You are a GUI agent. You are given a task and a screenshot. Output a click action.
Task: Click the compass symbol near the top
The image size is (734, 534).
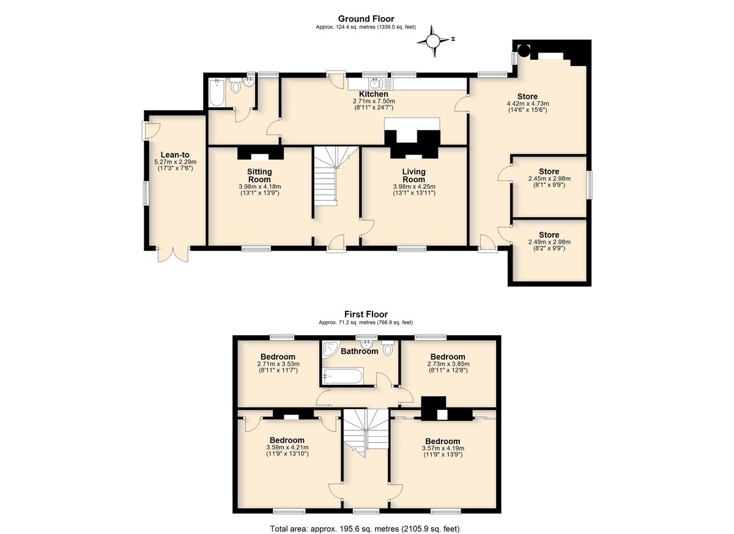tap(433, 40)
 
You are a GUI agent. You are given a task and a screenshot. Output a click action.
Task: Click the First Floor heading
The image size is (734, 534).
tap(366, 314)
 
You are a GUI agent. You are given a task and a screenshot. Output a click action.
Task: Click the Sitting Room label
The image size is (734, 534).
tap(259, 176)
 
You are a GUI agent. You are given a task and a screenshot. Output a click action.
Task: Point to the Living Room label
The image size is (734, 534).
tap(413, 176)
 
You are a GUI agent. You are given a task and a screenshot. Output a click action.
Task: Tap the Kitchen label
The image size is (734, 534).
tap(373, 94)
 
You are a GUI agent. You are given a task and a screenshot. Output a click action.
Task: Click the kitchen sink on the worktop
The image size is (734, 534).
tap(376, 84)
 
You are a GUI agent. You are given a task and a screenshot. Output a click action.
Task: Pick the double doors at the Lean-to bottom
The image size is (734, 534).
tap(173, 254)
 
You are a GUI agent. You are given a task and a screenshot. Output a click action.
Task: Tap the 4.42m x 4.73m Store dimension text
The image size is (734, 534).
tap(527, 104)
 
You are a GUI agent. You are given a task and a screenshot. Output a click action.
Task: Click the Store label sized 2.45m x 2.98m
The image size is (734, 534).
tap(549, 171)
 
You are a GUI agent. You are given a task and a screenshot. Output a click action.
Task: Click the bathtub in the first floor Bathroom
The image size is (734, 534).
tap(343, 376)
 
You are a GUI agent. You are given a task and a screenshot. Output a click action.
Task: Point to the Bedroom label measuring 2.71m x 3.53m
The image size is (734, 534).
tap(278, 357)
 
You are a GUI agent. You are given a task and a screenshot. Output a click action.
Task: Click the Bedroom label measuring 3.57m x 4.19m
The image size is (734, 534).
tap(443, 441)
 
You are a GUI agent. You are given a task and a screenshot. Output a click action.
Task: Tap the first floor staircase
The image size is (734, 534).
tap(366, 431)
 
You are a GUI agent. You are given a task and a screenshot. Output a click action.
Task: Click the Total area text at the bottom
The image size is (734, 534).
tap(365, 528)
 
